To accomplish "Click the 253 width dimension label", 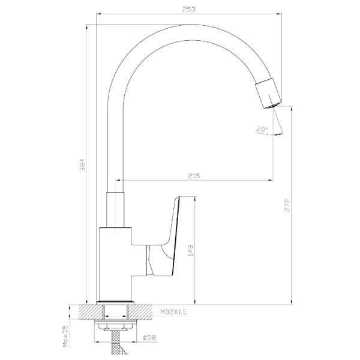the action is tap(189, 10).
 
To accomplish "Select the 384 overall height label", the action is tap(82, 164).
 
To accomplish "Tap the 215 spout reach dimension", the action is tap(194, 176).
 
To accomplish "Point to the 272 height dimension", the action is tap(287, 205).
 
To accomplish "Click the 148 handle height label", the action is tap(191, 251).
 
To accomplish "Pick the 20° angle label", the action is tap(262, 129).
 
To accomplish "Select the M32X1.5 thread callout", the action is tap(173, 312).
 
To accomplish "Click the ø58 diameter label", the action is tap(149, 337).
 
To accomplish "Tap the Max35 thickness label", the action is tap(65, 336).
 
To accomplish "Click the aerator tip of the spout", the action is tap(272, 106).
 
